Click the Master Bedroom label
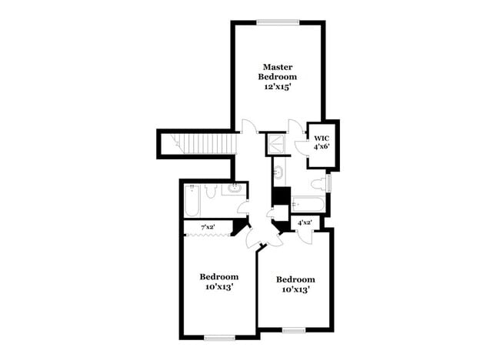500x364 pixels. coord(278,72)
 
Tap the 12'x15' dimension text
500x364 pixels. coord(278,88)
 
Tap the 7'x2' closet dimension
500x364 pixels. coord(208,227)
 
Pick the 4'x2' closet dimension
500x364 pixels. coord(305,223)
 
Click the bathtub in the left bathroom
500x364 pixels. coord(192,202)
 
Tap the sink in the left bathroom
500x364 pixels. coord(234,189)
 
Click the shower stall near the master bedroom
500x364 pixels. coord(272,143)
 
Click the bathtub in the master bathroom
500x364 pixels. coord(308,205)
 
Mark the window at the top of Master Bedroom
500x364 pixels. coord(278,22)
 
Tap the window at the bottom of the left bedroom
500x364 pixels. coord(219,337)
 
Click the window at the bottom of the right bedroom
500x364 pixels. coord(294,330)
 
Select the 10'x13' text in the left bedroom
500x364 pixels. coord(219,287)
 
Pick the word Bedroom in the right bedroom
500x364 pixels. coord(296,279)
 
